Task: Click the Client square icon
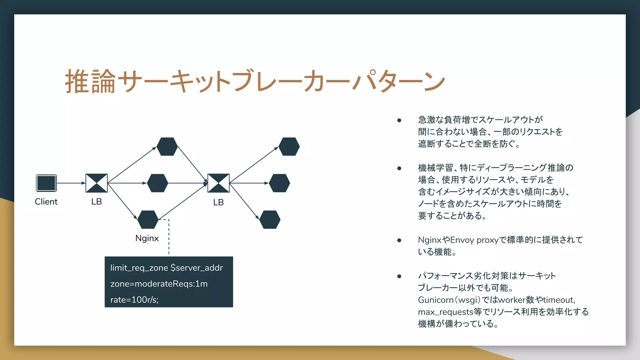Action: (46, 183)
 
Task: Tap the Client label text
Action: (46, 202)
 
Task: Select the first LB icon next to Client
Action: (97, 183)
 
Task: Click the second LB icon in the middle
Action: (218, 183)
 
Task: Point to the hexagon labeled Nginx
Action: (148, 220)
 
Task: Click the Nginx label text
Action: (147, 238)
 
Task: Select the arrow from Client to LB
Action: (71, 183)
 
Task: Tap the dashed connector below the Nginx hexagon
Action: (169, 237)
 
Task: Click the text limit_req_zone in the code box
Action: (139, 268)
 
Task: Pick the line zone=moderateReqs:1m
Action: (159, 284)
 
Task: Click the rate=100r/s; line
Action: (134, 300)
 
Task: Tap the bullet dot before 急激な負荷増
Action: (399, 120)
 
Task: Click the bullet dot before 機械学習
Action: (399, 168)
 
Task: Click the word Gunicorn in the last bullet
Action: (436, 300)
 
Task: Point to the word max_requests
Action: (445, 312)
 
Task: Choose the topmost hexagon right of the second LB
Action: (289, 147)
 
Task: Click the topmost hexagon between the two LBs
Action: (167, 147)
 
